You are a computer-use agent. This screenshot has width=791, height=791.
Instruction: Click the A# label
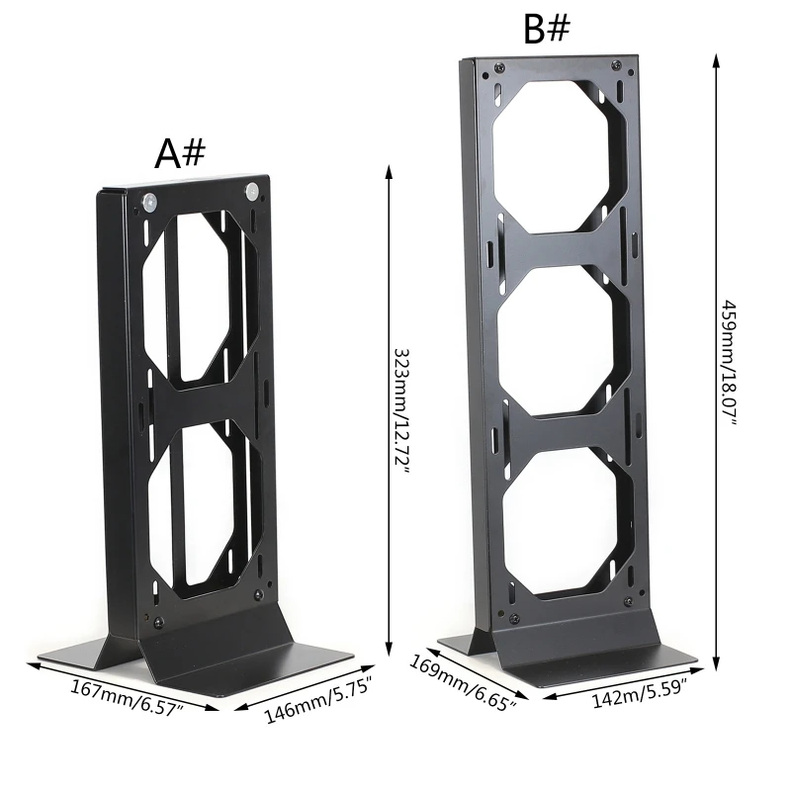(x=179, y=153)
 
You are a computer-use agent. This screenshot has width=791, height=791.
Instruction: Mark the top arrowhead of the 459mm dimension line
(x=716, y=58)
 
